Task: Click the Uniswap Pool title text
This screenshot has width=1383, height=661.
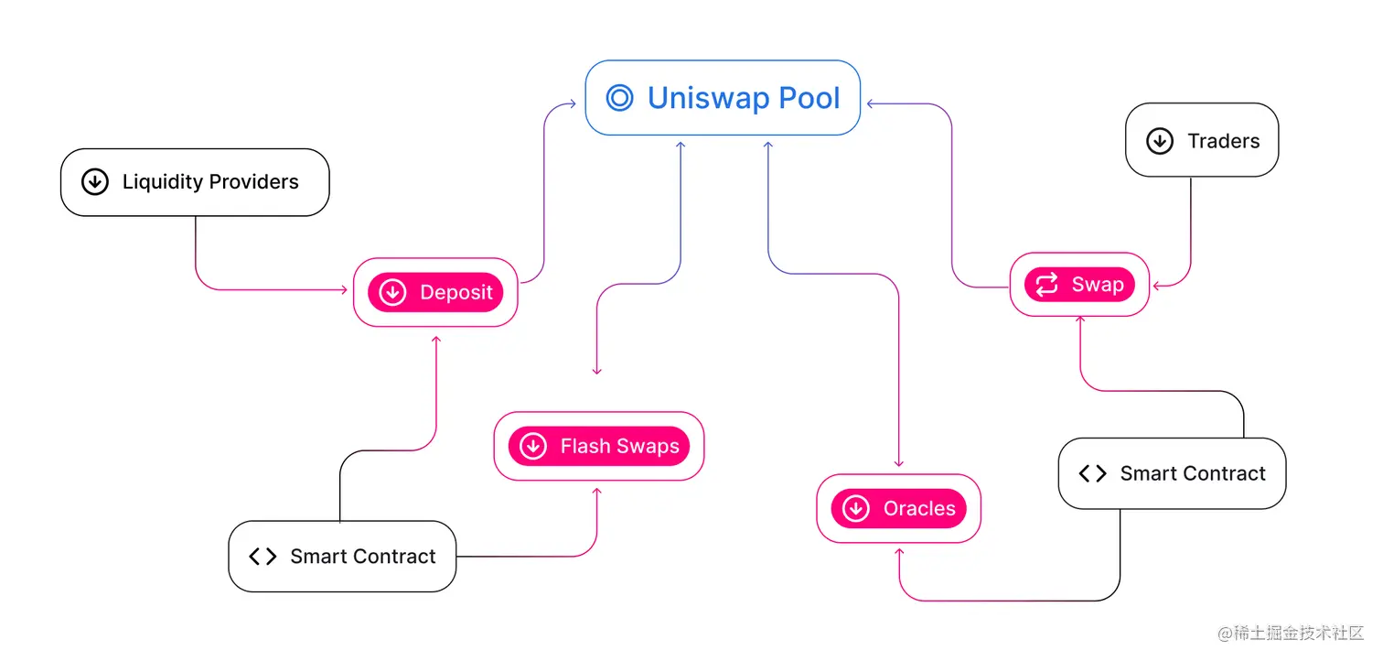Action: [743, 98]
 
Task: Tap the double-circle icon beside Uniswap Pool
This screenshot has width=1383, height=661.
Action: [619, 98]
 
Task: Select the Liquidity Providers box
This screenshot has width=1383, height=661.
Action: [195, 182]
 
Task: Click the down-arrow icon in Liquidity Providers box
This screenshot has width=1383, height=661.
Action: [94, 182]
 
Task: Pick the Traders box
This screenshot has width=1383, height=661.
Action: [1201, 140]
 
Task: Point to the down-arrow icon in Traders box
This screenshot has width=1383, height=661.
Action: [1159, 141]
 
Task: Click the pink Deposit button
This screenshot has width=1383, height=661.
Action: [435, 292]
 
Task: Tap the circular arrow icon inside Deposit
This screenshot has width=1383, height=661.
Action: [392, 293]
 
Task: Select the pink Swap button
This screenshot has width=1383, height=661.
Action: [1079, 285]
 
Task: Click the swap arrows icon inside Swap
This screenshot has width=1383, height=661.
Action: [1045, 285]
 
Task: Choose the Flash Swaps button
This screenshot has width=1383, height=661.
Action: [599, 446]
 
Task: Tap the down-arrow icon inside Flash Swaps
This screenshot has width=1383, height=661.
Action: [532, 447]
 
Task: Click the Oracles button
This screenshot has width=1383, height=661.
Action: [898, 508]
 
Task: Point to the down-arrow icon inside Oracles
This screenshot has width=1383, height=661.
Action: [855, 509]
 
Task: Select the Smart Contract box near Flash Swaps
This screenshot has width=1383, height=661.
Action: [342, 556]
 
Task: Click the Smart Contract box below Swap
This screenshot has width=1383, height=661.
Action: [1172, 473]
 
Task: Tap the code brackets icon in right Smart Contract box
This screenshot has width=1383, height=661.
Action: [1092, 473]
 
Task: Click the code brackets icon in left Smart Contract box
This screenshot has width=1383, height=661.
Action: [263, 557]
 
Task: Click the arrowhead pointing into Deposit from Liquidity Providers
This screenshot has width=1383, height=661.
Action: [343, 290]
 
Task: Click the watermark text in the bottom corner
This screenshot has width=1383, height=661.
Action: [1291, 634]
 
